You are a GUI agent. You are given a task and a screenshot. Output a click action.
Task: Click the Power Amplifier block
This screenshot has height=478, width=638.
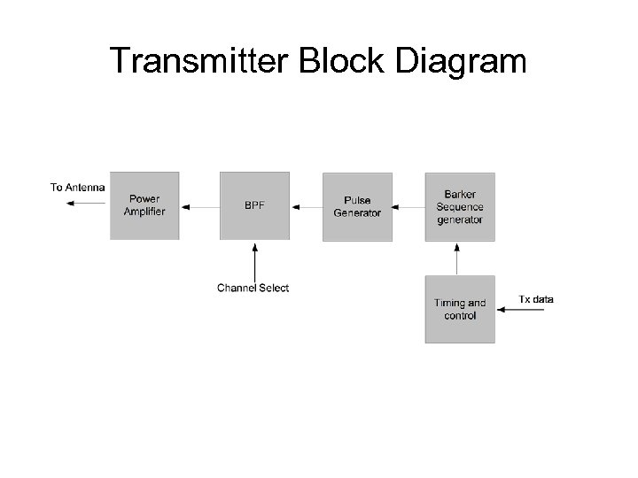144,205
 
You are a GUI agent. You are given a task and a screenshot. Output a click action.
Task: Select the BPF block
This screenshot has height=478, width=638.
254,205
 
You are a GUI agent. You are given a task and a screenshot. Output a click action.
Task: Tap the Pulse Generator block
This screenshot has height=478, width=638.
357,205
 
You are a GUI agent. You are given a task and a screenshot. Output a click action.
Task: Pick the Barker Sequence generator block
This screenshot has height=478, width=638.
460,205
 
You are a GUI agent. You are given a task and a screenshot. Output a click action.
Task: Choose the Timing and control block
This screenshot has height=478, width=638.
460,309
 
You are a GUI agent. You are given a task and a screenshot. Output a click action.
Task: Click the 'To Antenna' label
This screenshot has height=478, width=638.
77,187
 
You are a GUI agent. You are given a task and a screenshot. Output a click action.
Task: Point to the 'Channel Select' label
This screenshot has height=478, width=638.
253,288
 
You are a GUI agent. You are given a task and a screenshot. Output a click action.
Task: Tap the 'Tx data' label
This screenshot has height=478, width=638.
536,299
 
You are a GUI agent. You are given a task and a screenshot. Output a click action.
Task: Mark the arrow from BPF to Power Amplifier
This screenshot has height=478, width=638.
199,206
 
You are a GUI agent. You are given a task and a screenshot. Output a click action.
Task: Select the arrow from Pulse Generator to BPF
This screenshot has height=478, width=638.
306,206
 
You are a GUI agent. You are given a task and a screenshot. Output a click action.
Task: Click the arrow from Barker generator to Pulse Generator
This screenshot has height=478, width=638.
408,206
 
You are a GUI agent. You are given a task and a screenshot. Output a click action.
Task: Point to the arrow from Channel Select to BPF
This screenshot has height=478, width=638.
254,260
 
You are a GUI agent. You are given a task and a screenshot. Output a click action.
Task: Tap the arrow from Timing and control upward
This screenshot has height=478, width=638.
457,258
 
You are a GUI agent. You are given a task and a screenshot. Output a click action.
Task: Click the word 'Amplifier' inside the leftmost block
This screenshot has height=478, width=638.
144,212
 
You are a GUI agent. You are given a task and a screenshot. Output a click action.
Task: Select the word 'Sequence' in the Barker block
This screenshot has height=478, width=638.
460,206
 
